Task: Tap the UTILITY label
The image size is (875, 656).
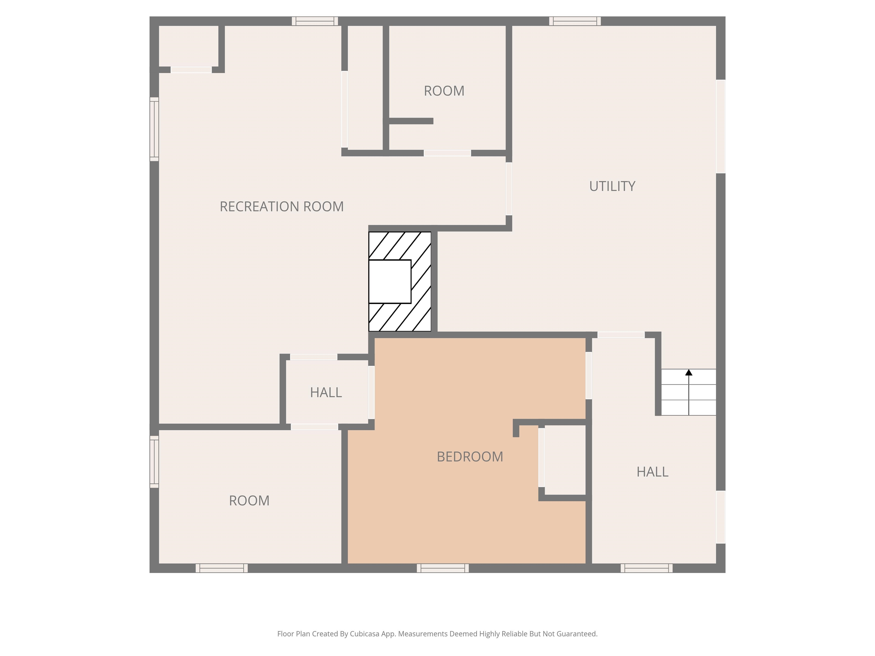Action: (x=612, y=186)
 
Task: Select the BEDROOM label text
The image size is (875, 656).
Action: (x=469, y=457)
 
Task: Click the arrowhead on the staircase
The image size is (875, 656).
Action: (x=689, y=372)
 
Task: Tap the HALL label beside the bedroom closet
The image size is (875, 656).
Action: (x=652, y=472)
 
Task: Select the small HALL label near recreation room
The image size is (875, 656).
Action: (x=326, y=393)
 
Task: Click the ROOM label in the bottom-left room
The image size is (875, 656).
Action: (x=249, y=501)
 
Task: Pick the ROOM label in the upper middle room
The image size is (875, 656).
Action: (x=444, y=91)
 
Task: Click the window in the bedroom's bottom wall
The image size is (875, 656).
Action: (x=443, y=568)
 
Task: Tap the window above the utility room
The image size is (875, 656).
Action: (x=575, y=21)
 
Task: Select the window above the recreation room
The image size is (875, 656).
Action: (x=315, y=21)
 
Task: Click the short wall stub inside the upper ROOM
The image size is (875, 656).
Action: (x=411, y=121)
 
